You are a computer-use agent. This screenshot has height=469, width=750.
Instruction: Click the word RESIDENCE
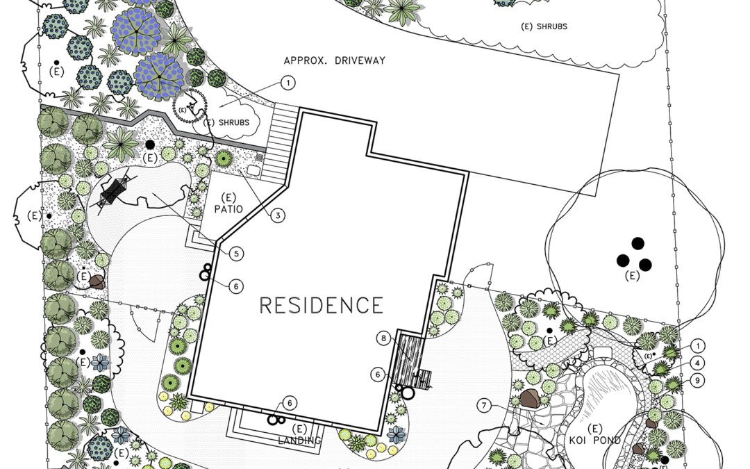321,305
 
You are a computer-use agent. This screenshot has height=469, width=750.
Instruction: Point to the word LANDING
300,440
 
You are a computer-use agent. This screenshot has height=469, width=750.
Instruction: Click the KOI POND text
594,439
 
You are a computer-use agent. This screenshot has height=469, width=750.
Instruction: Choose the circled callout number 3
278,215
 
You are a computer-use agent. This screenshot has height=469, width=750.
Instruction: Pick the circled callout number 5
237,254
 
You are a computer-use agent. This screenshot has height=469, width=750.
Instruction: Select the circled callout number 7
484,405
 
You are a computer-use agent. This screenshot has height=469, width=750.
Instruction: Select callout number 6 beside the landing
290,403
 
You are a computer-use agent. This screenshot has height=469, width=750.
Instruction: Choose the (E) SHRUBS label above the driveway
544,26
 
